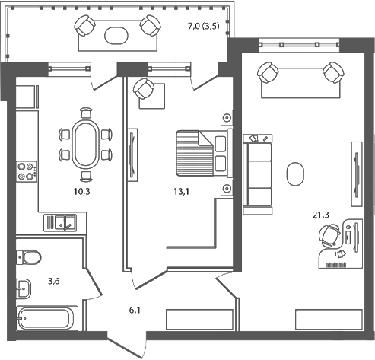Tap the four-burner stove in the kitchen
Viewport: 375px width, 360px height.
coord(27,170)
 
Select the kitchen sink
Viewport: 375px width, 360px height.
coord(59,223)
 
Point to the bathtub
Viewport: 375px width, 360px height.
coord(47,317)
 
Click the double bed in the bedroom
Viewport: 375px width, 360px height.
coord(202,152)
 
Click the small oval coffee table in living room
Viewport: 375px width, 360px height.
coord(294,174)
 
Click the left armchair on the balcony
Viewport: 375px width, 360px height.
coord(84,27)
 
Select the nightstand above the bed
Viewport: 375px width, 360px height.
coord(227,117)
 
